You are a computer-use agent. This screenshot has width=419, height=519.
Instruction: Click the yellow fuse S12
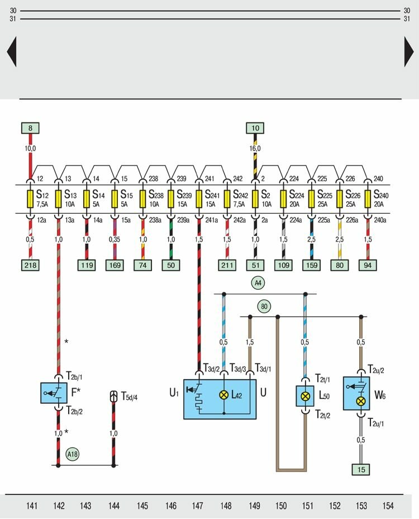point(30,199)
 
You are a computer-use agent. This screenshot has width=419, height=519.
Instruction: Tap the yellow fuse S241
point(199,199)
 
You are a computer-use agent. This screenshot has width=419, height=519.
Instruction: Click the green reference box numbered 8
point(30,128)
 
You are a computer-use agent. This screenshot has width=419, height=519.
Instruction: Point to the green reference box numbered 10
point(255,128)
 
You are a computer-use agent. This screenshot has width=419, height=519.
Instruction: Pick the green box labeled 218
point(30,265)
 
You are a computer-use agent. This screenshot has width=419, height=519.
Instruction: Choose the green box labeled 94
point(367,265)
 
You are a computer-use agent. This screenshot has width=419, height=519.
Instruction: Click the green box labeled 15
point(360,470)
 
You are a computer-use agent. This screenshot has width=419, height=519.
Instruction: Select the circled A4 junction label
point(258,284)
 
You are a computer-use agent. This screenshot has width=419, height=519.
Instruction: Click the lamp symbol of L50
point(305,395)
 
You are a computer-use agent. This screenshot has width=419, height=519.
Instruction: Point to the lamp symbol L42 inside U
point(223,395)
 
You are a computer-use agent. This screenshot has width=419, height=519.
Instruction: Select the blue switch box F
point(54,393)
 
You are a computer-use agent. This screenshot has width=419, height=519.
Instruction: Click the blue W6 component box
point(357,395)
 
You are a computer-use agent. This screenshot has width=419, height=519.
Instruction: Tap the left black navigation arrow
point(11,53)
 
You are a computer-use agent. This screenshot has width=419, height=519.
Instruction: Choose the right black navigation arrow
point(408,53)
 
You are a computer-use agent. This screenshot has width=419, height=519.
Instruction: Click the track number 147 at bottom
point(198,506)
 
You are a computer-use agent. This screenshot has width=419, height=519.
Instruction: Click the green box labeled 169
point(115,265)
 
